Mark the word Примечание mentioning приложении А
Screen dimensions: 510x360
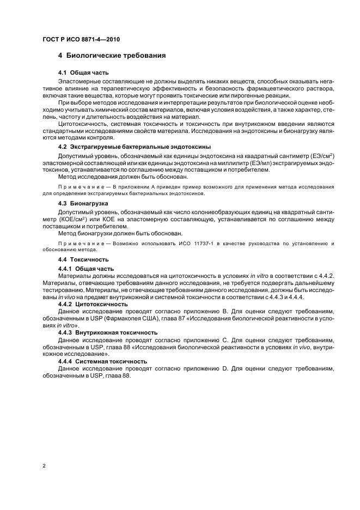(x=82, y=186)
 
